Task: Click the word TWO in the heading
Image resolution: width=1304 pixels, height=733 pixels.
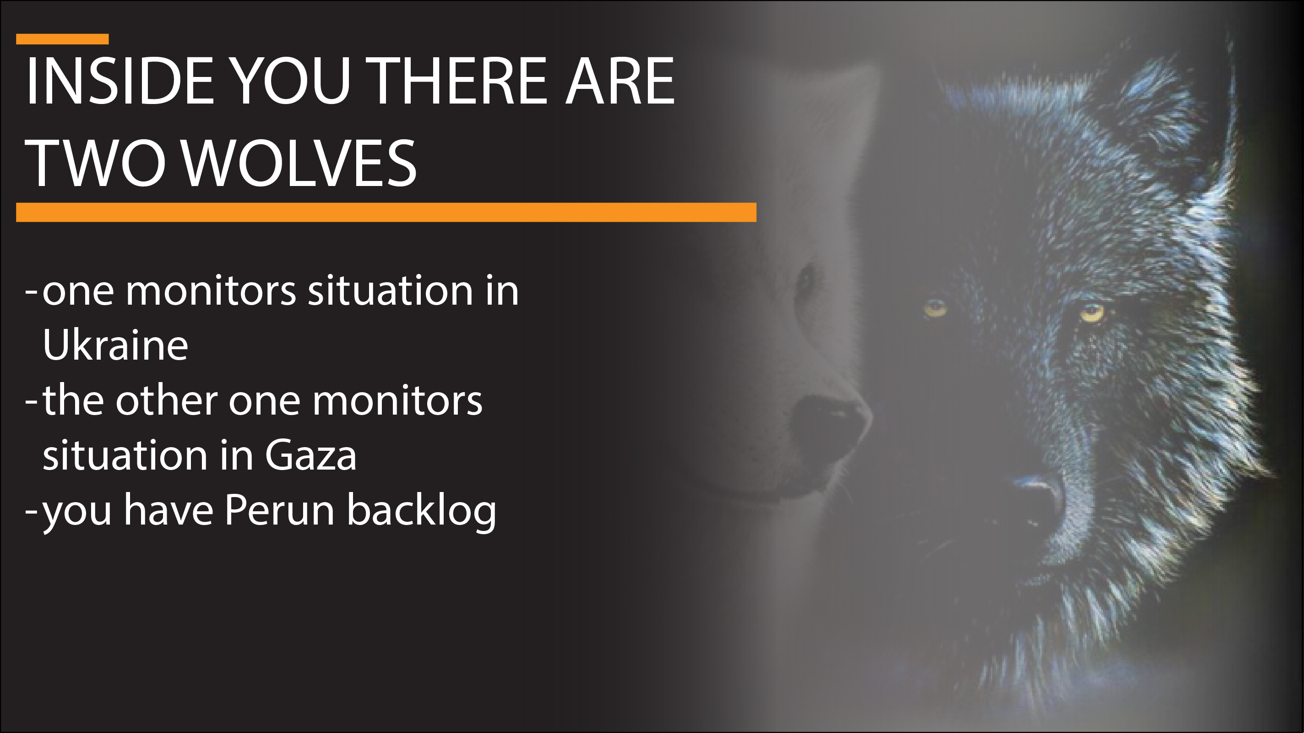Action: coord(99,163)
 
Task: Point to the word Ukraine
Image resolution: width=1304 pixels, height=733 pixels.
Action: coord(115,345)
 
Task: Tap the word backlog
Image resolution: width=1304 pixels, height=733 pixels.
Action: coord(421,513)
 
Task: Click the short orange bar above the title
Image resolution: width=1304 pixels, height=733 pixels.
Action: coord(62,39)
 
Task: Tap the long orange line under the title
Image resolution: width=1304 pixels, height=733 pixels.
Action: coord(386,212)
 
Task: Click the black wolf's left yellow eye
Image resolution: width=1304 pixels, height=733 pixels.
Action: coord(935,307)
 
